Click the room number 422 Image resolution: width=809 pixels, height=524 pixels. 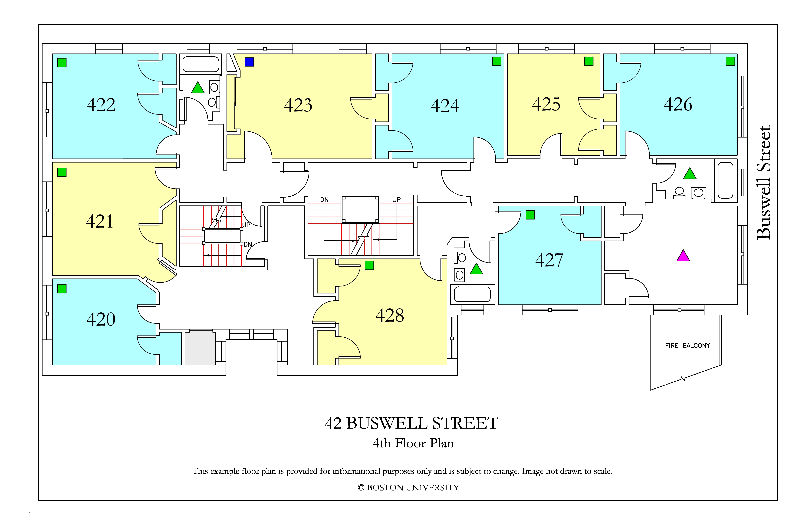(x=101, y=105)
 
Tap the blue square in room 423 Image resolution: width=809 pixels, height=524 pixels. (x=249, y=62)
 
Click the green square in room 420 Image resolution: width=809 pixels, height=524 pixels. (x=62, y=289)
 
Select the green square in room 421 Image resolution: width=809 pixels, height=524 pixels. (x=62, y=172)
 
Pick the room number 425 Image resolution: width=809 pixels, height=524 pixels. (x=546, y=104)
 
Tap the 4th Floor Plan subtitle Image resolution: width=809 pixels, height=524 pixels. (x=413, y=443)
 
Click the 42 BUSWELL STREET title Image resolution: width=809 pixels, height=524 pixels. (x=412, y=423)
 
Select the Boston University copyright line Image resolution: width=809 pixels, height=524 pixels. (x=408, y=488)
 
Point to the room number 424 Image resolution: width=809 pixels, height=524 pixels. (x=445, y=106)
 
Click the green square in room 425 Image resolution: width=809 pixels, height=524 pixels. (x=589, y=61)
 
